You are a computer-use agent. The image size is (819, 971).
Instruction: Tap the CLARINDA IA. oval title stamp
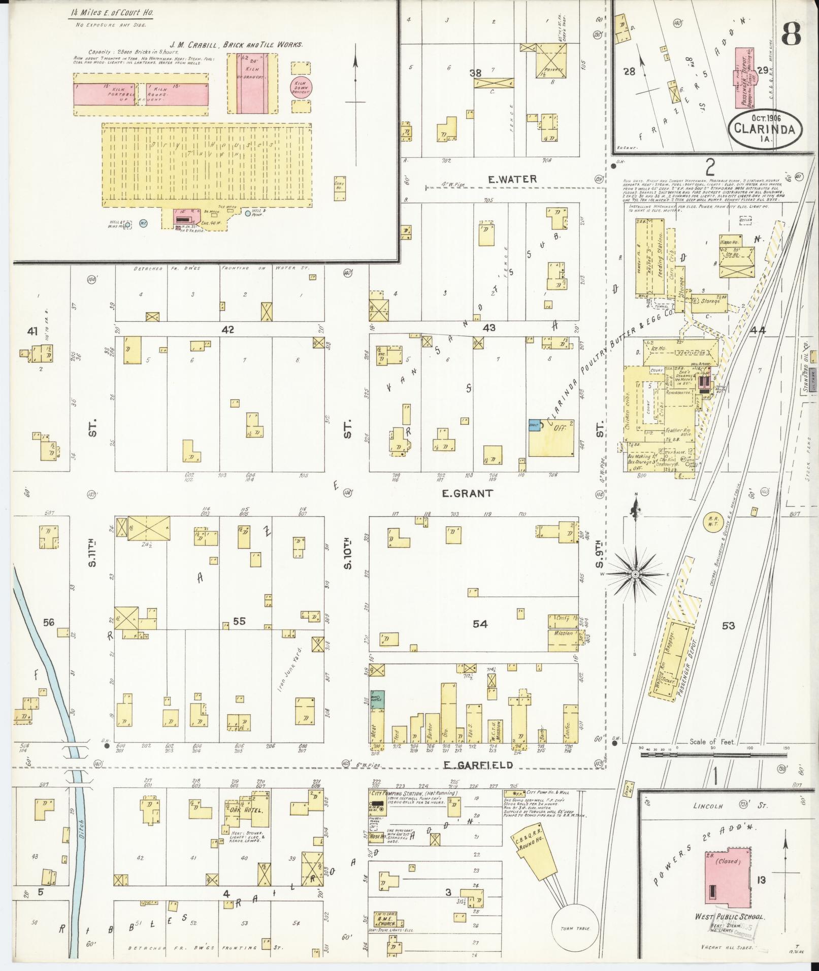point(767,129)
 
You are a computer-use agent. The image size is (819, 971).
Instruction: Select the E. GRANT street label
point(461,493)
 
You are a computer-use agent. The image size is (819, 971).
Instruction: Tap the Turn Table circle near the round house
point(575,928)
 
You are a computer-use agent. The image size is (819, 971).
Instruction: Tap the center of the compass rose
point(635,574)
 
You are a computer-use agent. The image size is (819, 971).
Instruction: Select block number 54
point(480,624)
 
